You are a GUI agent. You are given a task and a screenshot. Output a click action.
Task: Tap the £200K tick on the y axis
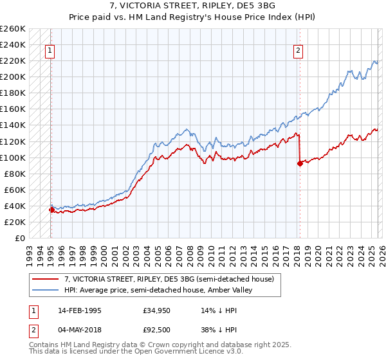(x=12, y=77)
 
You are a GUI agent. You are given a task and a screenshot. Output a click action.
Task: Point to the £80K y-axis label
(x=14, y=174)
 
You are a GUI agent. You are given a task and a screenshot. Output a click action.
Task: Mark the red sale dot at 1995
(x=51, y=210)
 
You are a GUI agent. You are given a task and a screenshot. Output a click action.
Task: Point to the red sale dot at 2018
(x=300, y=163)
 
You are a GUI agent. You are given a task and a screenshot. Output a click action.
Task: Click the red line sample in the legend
(x=45, y=279)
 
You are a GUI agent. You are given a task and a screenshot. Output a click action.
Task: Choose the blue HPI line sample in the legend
(x=45, y=290)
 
